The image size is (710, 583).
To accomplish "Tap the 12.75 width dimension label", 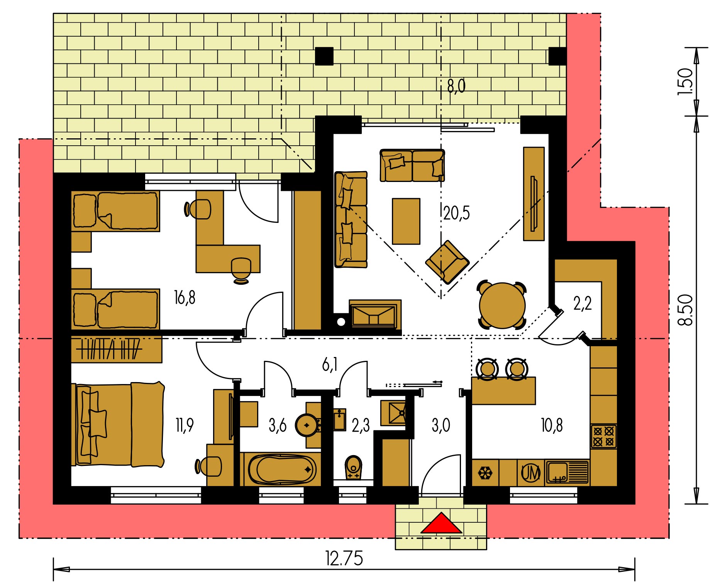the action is [344, 559].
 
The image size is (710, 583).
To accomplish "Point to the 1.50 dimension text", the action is [685, 82].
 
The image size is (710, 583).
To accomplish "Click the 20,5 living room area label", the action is [457, 213].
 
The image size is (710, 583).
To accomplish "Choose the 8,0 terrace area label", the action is [456, 86].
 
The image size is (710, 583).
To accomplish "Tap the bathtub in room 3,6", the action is [283, 470].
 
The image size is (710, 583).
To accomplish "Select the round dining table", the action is [502, 305].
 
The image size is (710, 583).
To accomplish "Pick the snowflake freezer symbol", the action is [485, 473].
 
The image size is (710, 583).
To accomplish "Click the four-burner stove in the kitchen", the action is [603, 436].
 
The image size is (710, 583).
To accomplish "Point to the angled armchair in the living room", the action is [447, 262].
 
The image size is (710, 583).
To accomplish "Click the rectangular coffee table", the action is [406, 221].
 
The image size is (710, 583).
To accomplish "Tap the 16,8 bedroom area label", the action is [185, 298].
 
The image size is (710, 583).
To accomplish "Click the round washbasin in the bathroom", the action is [307, 425].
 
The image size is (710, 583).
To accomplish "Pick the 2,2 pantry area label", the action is [583, 304].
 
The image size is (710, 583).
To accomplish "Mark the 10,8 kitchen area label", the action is [552, 425].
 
